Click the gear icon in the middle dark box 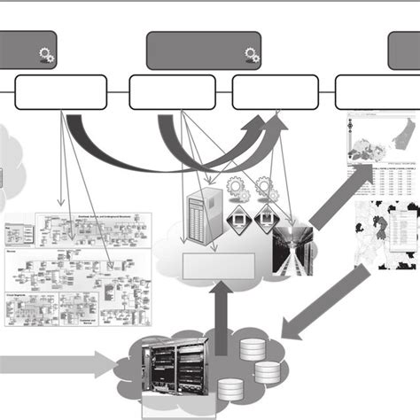(x=252, y=56)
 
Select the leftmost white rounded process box (x=61, y=91)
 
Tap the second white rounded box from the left (x=172, y=91)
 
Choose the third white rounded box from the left (x=275, y=91)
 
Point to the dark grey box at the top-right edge (x=404, y=51)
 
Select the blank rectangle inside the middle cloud (x=218, y=265)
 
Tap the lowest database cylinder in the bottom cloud (x=230, y=388)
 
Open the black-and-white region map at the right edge (x=387, y=234)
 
